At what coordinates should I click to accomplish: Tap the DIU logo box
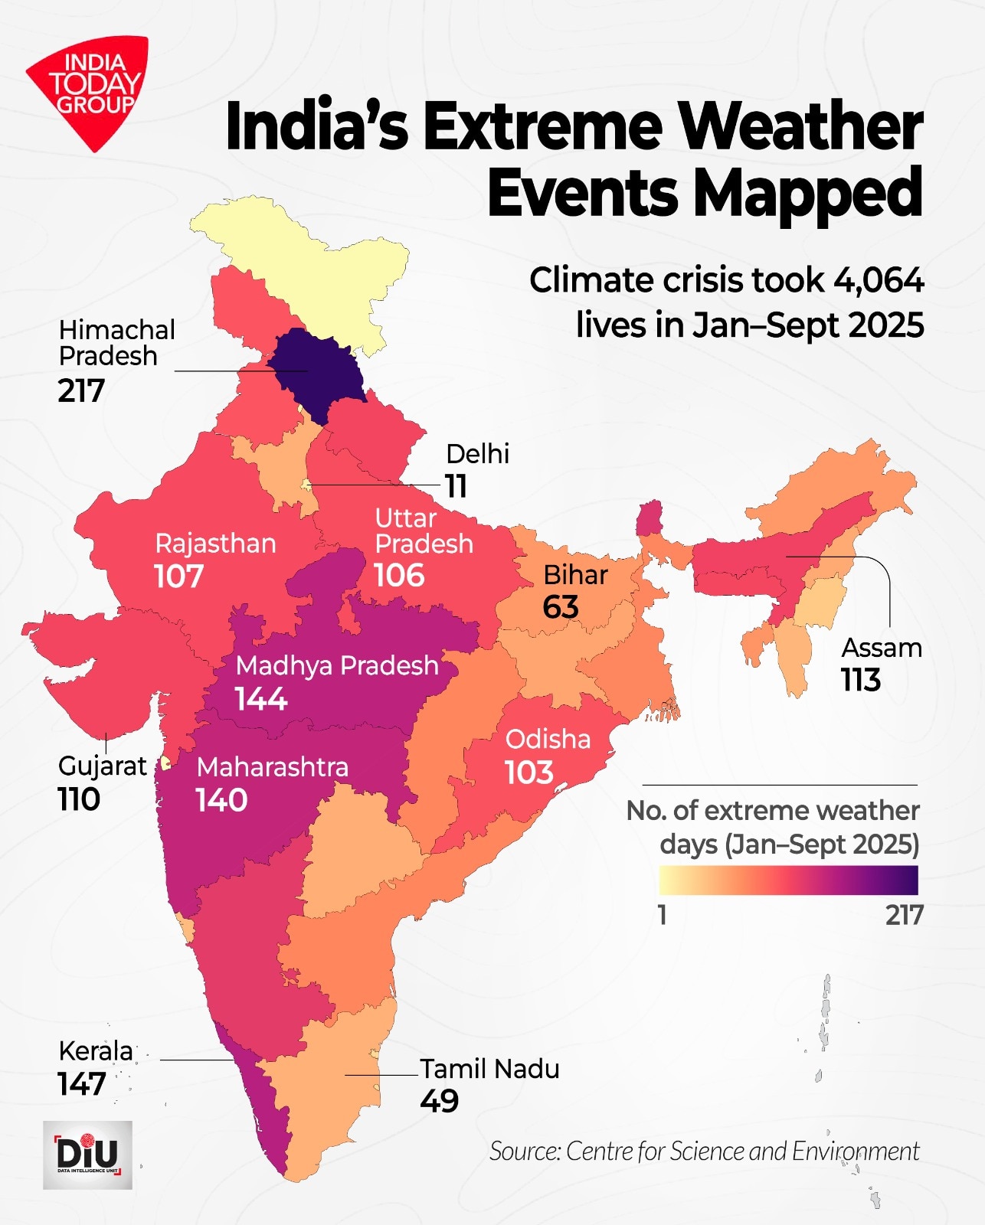87,1155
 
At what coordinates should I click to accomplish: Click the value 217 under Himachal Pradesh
81,391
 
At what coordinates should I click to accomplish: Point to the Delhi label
477,454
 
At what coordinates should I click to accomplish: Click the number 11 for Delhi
456,486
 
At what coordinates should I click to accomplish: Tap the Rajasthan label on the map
215,544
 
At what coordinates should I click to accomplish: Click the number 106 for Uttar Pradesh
399,576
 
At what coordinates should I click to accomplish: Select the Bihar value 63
561,608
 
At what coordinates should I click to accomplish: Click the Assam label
882,648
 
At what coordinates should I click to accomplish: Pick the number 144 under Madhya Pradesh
261,699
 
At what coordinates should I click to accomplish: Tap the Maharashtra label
272,767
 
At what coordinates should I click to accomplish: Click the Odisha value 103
528,773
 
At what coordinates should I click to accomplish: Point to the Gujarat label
102,766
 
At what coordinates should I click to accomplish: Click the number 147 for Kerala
81,1084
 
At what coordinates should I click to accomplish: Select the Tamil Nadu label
489,1069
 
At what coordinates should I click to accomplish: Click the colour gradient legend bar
788,880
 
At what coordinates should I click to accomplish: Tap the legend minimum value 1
663,915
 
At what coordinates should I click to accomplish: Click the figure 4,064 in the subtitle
879,281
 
